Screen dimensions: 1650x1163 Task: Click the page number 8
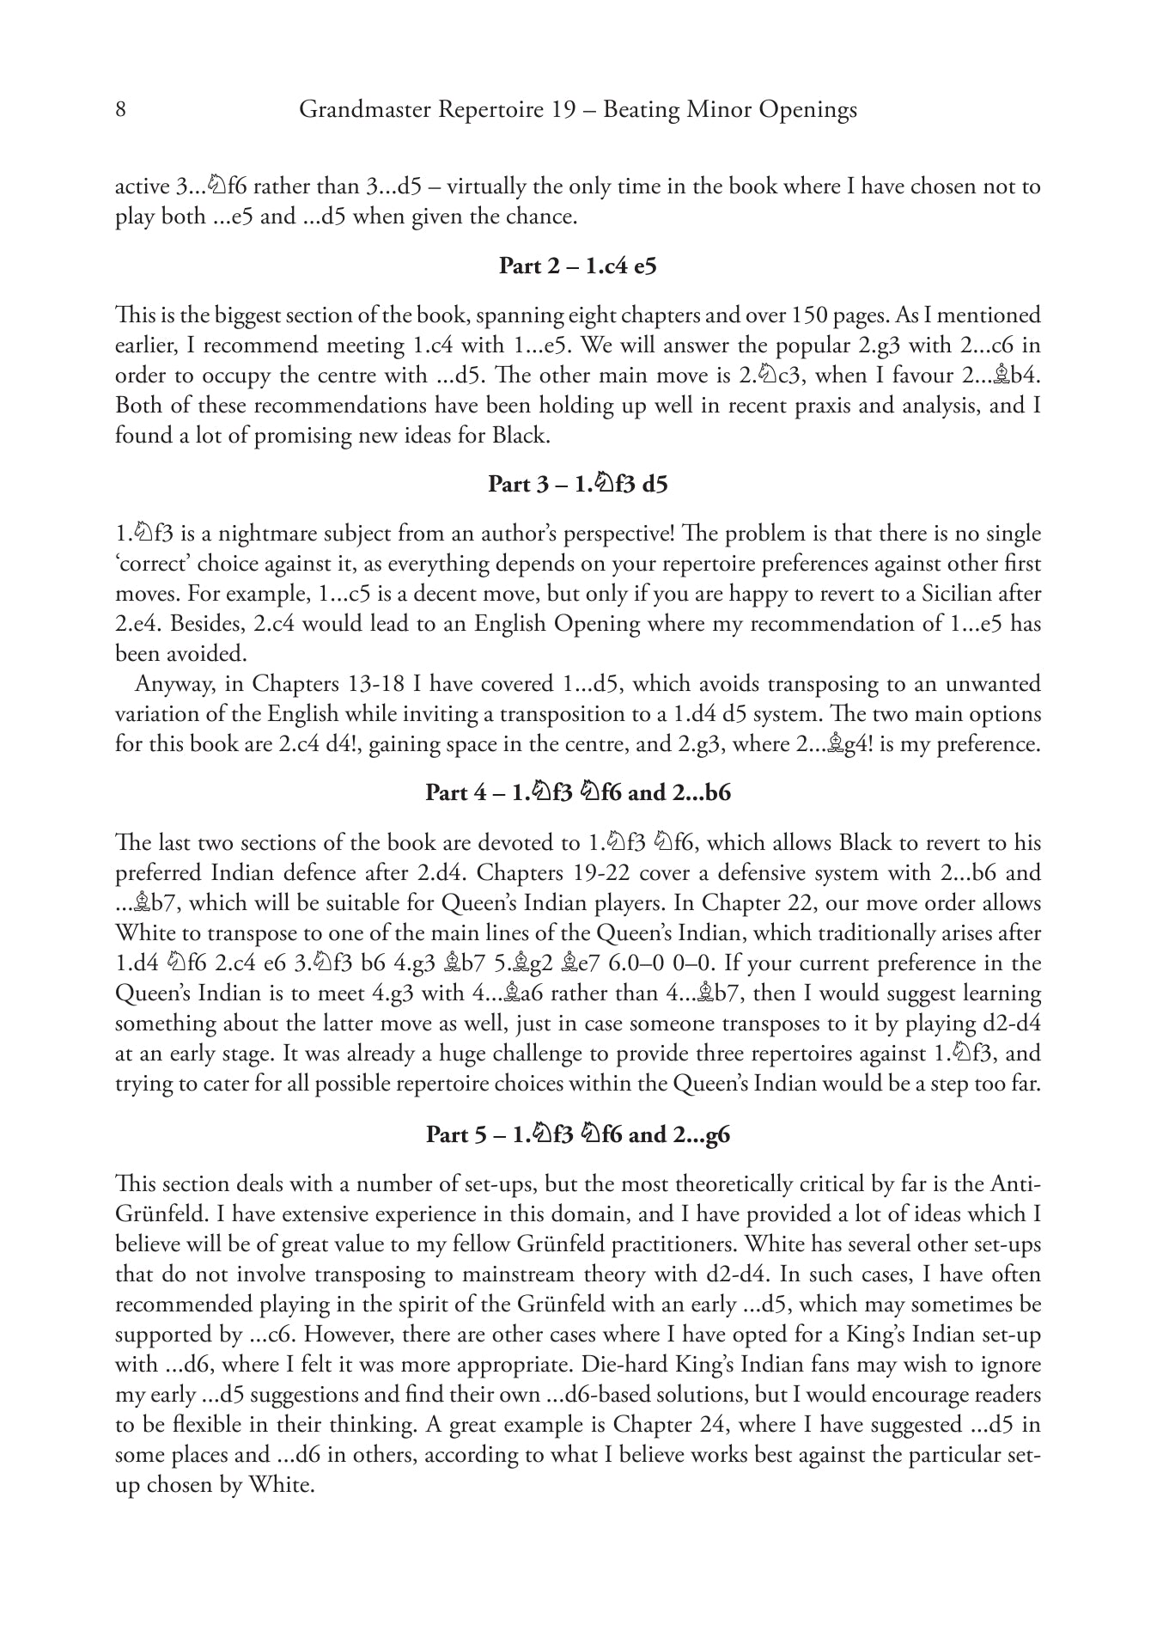coord(121,110)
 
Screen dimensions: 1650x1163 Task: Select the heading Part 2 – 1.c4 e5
coord(578,266)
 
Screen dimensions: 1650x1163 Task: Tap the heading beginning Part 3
coord(578,485)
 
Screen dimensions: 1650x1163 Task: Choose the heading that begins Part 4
coord(578,792)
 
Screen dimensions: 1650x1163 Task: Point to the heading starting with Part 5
coord(578,1135)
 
